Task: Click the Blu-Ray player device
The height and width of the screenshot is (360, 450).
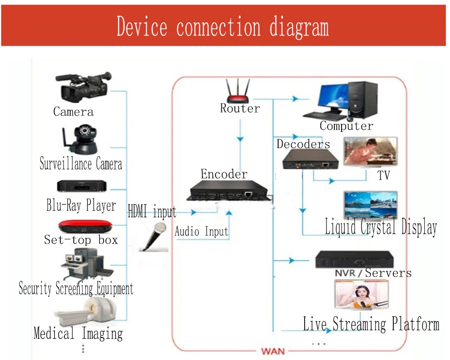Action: [x=81, y=186]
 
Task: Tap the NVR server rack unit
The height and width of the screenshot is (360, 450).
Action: [x=354, y=260]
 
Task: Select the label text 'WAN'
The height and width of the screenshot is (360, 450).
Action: [x=273, y=351]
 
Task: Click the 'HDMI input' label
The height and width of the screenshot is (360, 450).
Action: [x=152, y=211]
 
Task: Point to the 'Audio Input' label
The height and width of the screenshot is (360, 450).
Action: [x=201, y=232]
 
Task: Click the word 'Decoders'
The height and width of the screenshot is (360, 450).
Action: [x=303, y=144]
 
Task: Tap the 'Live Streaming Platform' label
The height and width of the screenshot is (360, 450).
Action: [x=371, y=324]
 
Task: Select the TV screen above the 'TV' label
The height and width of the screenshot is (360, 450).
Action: [x=370, y=152]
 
